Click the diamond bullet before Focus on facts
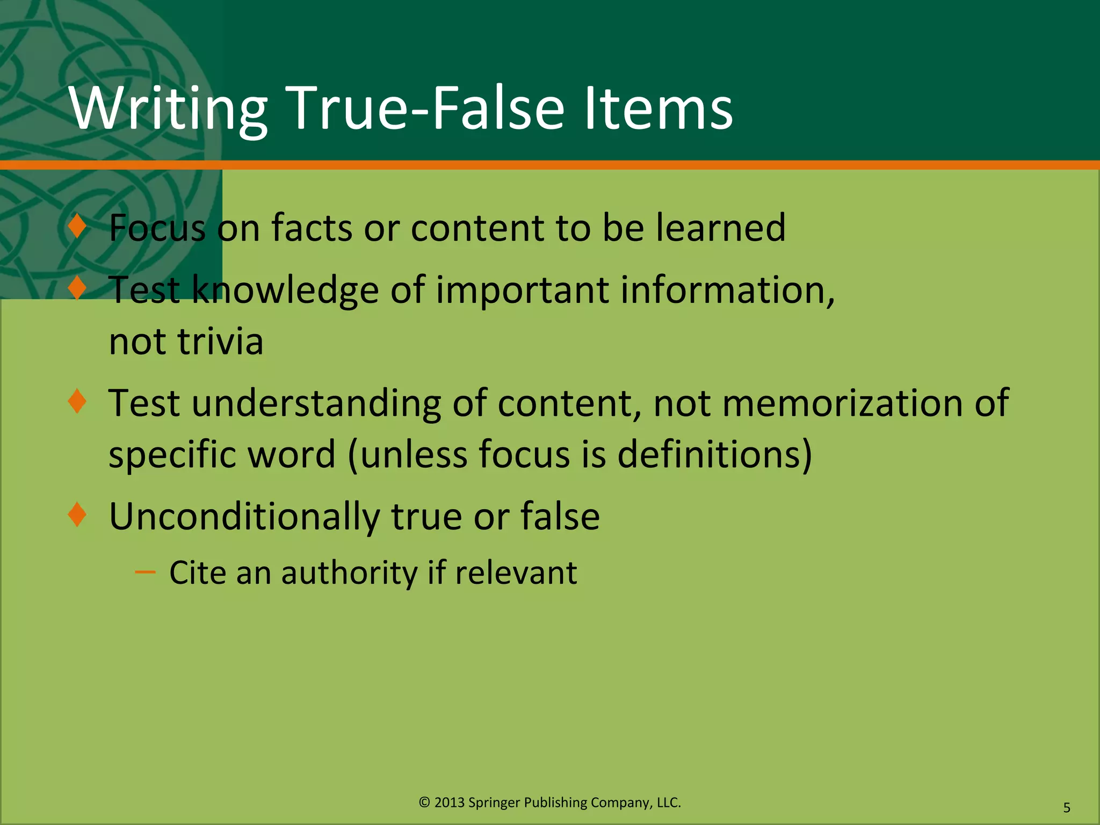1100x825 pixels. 78,226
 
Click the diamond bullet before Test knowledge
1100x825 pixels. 78,288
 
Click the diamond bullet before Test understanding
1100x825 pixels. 78,401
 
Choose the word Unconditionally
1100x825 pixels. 244,517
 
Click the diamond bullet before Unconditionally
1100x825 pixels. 78,515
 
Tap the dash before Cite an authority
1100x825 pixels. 145,573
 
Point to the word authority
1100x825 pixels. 349,573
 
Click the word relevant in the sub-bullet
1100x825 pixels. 516,573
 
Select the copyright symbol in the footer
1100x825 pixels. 424,802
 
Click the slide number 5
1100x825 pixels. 1067,807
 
